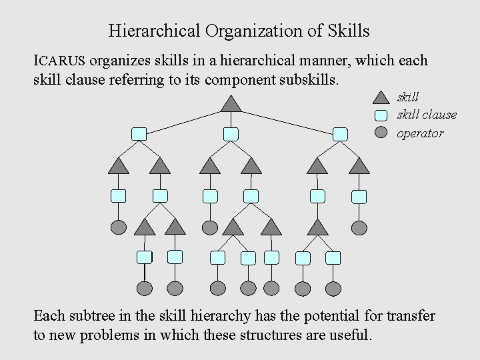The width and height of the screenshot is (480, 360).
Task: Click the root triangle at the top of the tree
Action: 231,105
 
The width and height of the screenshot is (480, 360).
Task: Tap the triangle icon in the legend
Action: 381,98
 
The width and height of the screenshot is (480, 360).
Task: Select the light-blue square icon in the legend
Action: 381,115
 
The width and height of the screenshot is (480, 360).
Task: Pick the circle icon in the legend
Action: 381,132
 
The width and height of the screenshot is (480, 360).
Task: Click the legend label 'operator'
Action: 420,133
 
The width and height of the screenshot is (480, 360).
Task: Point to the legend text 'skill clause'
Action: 427,115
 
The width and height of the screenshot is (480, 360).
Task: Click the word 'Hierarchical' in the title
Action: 155,31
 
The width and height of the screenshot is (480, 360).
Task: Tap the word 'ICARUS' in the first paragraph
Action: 59,61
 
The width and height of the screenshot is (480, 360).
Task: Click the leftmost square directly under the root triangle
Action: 139,134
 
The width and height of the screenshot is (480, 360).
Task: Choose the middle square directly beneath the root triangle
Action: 231,134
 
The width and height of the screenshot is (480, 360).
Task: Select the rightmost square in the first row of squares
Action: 340,134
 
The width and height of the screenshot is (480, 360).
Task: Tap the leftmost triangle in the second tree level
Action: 118,166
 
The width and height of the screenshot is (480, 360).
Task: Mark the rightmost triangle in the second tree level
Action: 359,166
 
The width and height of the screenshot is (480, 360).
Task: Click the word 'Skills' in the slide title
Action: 348,31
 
